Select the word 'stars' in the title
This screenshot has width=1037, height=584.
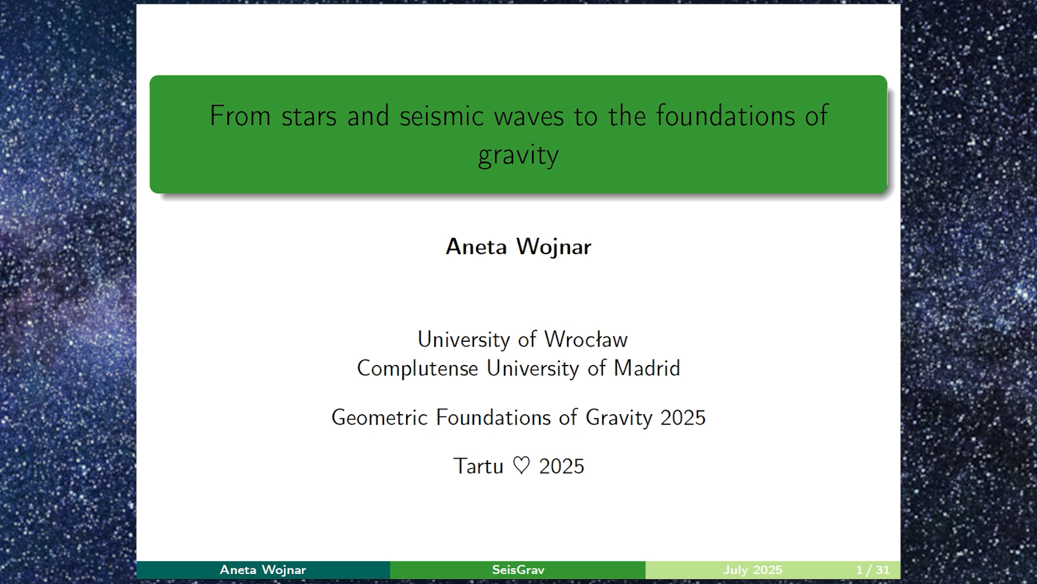(x=309, y=117)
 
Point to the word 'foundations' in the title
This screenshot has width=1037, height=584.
(x=725, y=116)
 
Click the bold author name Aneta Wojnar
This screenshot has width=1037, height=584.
(x=518, y=247)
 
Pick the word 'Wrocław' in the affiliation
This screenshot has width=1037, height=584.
(x=586, y=340)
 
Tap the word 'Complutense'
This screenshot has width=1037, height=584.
(x=418, y=369)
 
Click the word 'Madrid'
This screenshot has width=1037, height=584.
(x=647, y=368)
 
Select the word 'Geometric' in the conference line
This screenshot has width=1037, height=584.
(x=380, y=417)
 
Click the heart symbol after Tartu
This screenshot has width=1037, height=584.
(x=521, y=466)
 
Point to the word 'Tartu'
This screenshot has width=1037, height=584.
(x=478, y=466)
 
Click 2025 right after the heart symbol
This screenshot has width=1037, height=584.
(x=562, y=466)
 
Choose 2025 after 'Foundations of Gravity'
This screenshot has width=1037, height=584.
(x=683, y=417)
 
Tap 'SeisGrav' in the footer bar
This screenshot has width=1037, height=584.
(x=518, y=570)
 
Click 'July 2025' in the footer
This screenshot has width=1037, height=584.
(x=753, y=570)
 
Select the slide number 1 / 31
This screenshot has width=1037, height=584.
(x=873, y=570)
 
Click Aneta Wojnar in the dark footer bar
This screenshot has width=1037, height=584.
(x=263, y=570)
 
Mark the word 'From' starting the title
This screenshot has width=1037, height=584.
(x=240, y=116)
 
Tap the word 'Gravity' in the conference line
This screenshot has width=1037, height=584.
(x=619, y=418)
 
